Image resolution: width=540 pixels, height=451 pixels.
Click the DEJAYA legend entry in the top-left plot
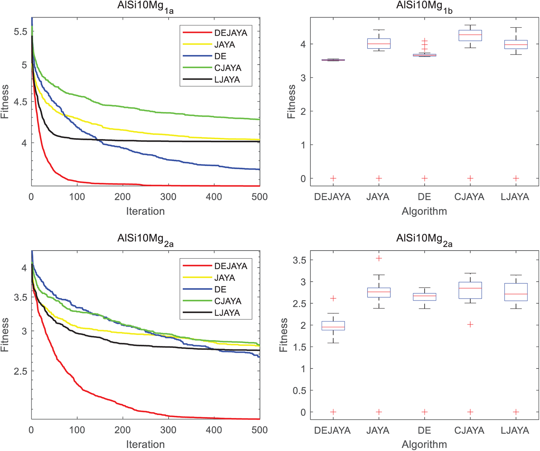(230, 33)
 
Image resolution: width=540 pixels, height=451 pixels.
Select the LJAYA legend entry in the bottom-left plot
(227, 313)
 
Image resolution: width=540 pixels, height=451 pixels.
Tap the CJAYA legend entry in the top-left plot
(227, 68)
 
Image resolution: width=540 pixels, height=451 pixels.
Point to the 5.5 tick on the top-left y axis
(20, 31)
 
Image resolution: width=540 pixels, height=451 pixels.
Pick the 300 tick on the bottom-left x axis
(168, 430)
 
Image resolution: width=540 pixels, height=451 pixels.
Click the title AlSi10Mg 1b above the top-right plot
(424, 7)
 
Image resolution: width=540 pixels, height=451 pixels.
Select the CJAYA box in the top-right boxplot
(470, 35)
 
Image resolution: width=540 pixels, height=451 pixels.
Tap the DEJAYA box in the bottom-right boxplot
(333, 326)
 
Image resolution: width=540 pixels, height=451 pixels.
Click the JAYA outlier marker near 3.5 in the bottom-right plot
(379, 258)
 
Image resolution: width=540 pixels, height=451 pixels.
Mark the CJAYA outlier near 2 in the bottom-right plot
(470, 324)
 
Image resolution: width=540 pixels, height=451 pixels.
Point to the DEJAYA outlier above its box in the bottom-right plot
(333, 298)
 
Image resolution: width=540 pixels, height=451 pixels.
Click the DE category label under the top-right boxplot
(424, 197)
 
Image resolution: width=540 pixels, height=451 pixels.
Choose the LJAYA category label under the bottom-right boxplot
(515, 430)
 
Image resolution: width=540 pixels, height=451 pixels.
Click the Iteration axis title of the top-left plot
(145, 211)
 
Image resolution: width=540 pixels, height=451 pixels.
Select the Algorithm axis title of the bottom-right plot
(424, 444)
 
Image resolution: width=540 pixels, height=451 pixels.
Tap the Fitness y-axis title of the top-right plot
(291, 102)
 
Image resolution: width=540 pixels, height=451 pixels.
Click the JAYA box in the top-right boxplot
(379, 44)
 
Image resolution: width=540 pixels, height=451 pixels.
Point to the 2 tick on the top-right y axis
(303, 111)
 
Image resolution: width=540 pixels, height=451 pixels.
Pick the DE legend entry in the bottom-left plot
(220, 289)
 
